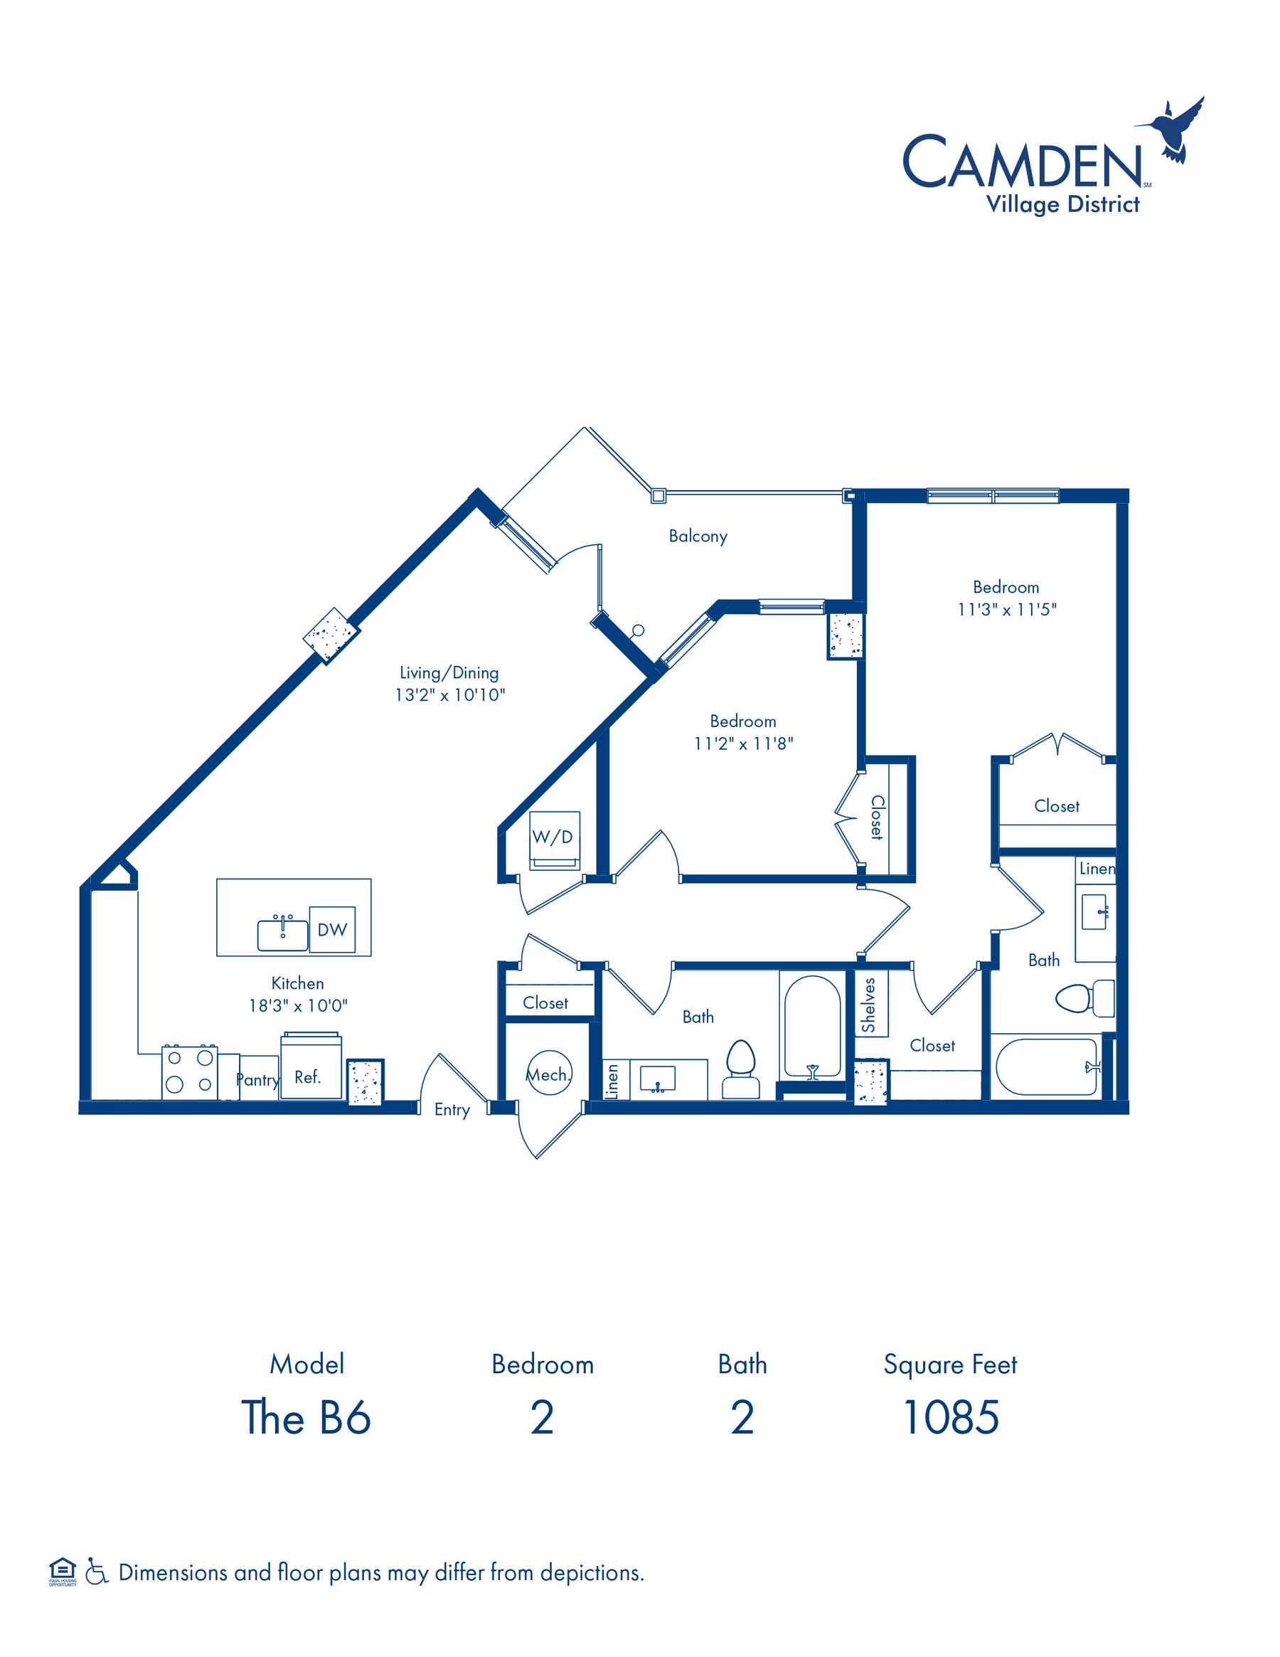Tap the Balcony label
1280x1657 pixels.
point(698,536)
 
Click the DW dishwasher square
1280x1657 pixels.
point(332,929)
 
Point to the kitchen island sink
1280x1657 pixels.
point(283,934)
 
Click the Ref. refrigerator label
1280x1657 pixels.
point(307,1077)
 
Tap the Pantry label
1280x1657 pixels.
point(258,1079)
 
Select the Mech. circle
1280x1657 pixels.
point(549,1073)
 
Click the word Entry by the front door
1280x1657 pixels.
point(452,1110)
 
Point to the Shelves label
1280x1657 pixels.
point(868,1005)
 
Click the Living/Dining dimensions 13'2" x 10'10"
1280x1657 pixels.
point(449,695)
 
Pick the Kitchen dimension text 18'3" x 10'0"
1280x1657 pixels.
point(298,1006)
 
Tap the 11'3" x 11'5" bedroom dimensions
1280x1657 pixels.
point(1006,609)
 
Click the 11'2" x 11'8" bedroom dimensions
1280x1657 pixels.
point(743,743)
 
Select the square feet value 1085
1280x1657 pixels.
point(951,1417)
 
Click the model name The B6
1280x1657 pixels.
point(306,1417)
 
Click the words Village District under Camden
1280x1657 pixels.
point(1062,205)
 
